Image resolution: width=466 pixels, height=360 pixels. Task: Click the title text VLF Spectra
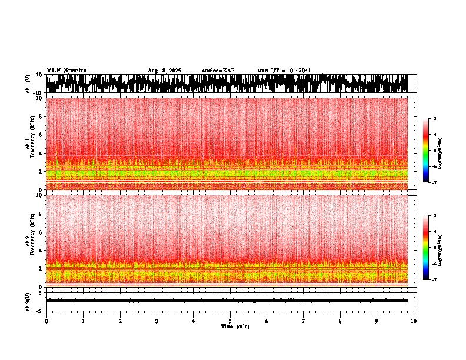66,71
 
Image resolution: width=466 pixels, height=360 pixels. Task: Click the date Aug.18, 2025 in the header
164,71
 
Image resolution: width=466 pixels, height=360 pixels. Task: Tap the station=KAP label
218,71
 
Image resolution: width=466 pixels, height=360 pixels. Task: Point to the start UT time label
284,71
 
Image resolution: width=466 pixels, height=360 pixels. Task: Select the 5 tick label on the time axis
230,321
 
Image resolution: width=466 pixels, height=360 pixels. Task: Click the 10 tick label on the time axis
414,321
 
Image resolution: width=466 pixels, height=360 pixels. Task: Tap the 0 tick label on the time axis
46,321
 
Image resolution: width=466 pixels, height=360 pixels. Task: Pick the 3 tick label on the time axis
157,321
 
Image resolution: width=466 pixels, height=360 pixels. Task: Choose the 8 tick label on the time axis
340,321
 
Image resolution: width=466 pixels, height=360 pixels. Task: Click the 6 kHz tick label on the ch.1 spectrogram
41,135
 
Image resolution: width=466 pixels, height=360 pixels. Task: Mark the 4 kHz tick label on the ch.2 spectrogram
41,250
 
